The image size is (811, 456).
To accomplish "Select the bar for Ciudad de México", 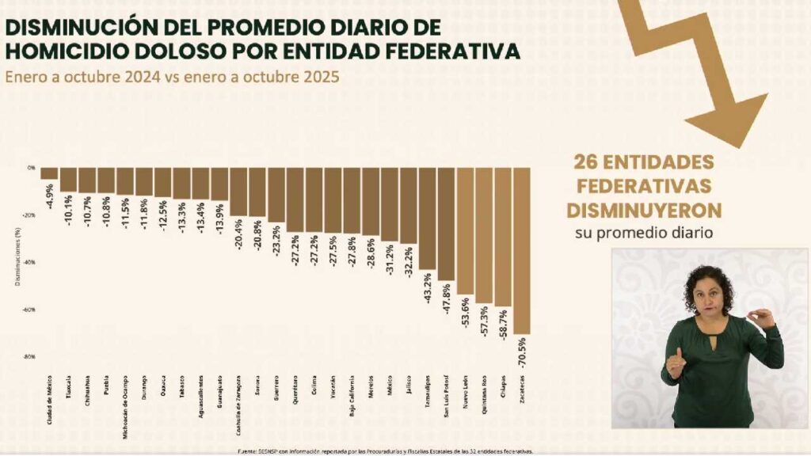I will [x=49, y=173].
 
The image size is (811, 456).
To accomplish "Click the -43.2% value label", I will [x=428, y=289].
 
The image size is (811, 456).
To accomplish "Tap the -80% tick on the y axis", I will [x=31, y=357].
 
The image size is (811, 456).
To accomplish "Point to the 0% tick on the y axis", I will [x=32, y=168].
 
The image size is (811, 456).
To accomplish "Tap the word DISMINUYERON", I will [x=642, y=211].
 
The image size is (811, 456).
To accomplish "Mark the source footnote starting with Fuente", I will [x=386, y=451].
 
